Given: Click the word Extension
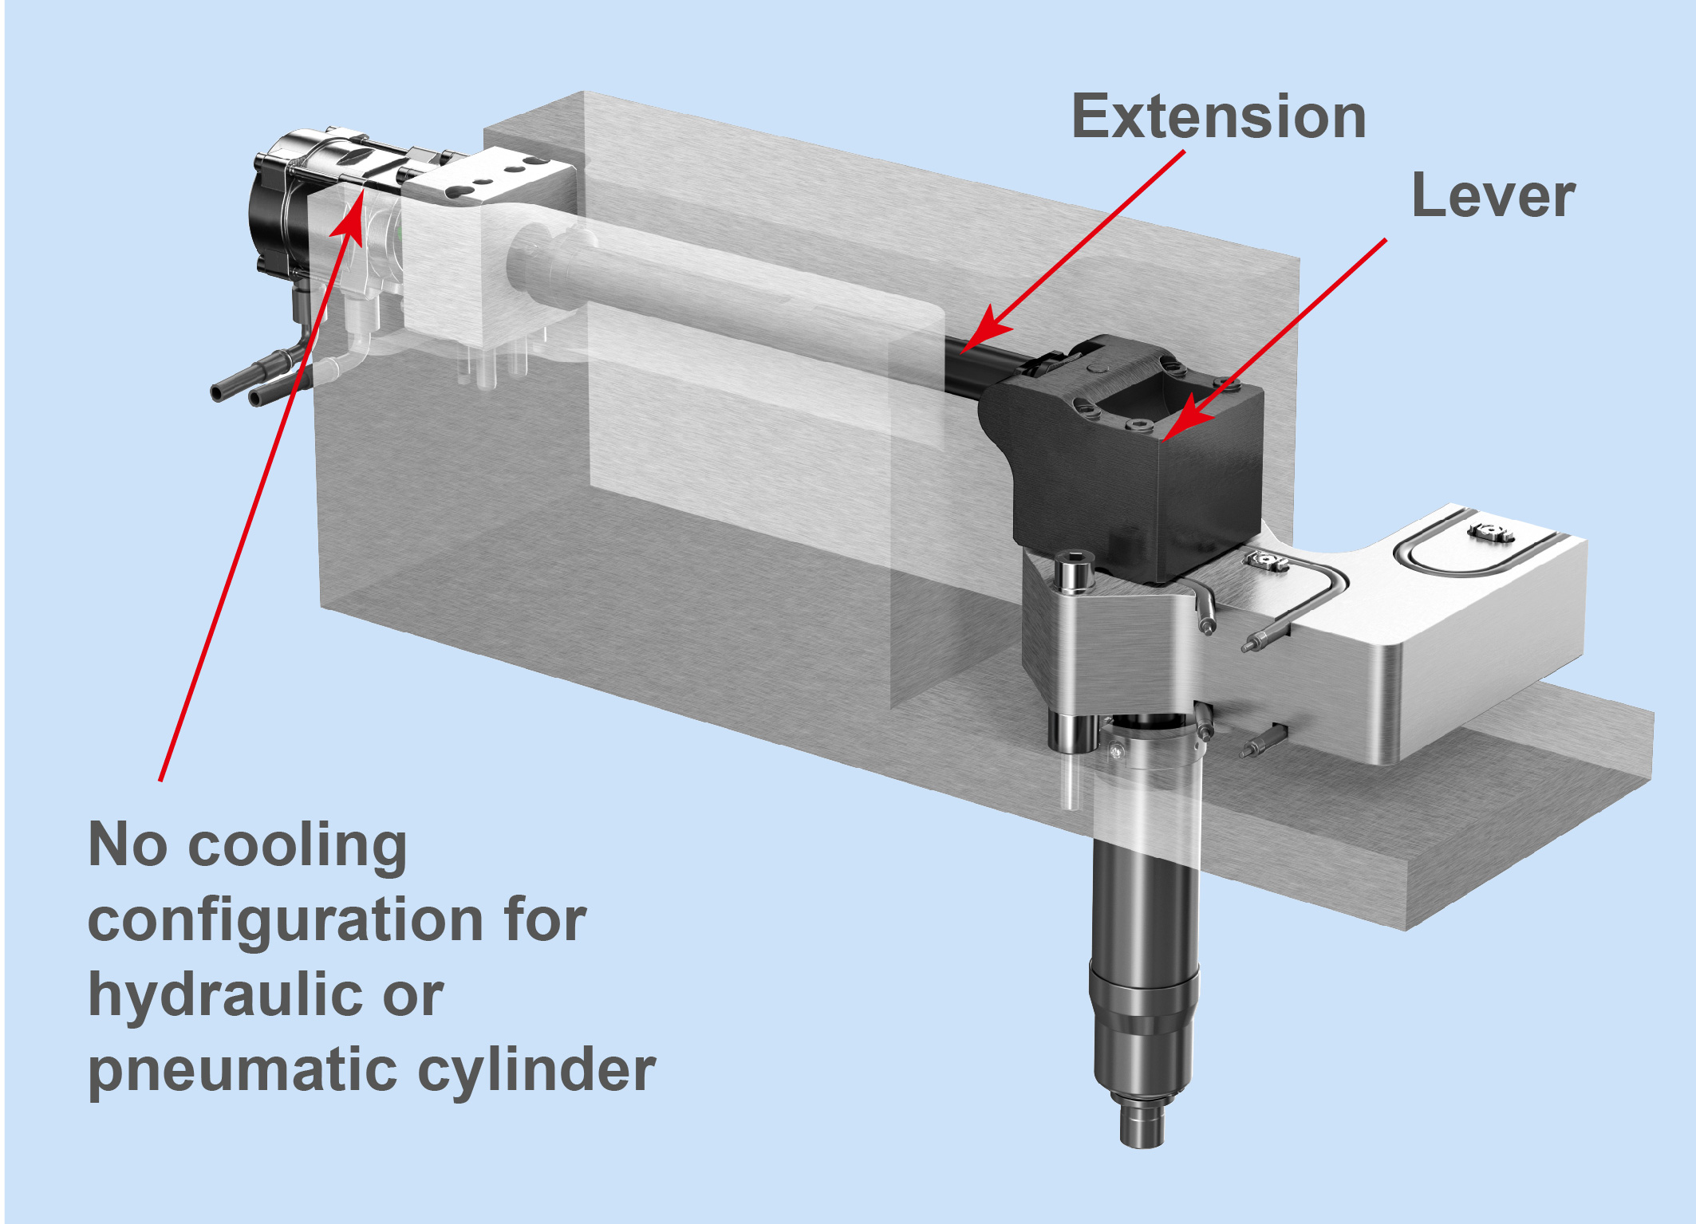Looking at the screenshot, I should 1218,116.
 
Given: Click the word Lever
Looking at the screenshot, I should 1493,196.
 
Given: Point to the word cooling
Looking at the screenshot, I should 297,847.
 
